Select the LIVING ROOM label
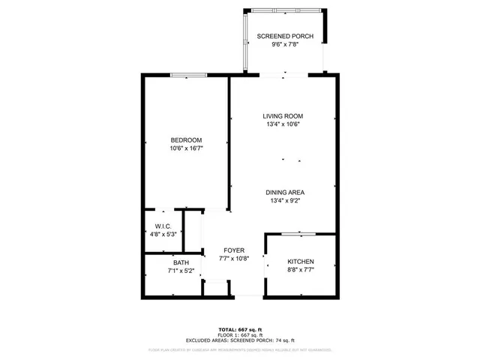pos(283,116)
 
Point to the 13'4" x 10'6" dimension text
pos(283,125)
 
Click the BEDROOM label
pos(186,140)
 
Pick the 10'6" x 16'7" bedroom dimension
pos(186,148)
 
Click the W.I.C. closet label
pos(163,226)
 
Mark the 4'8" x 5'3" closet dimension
pos(163,235)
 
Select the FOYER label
pos(233,250)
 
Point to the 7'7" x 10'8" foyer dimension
pos(233,258)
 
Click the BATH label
pos(181,262)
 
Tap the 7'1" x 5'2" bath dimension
pos(181,271)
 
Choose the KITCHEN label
pos(300,262)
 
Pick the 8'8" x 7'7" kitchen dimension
pos(300,271)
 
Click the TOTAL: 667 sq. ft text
pos(240,329)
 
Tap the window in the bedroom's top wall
pos(187,74)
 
